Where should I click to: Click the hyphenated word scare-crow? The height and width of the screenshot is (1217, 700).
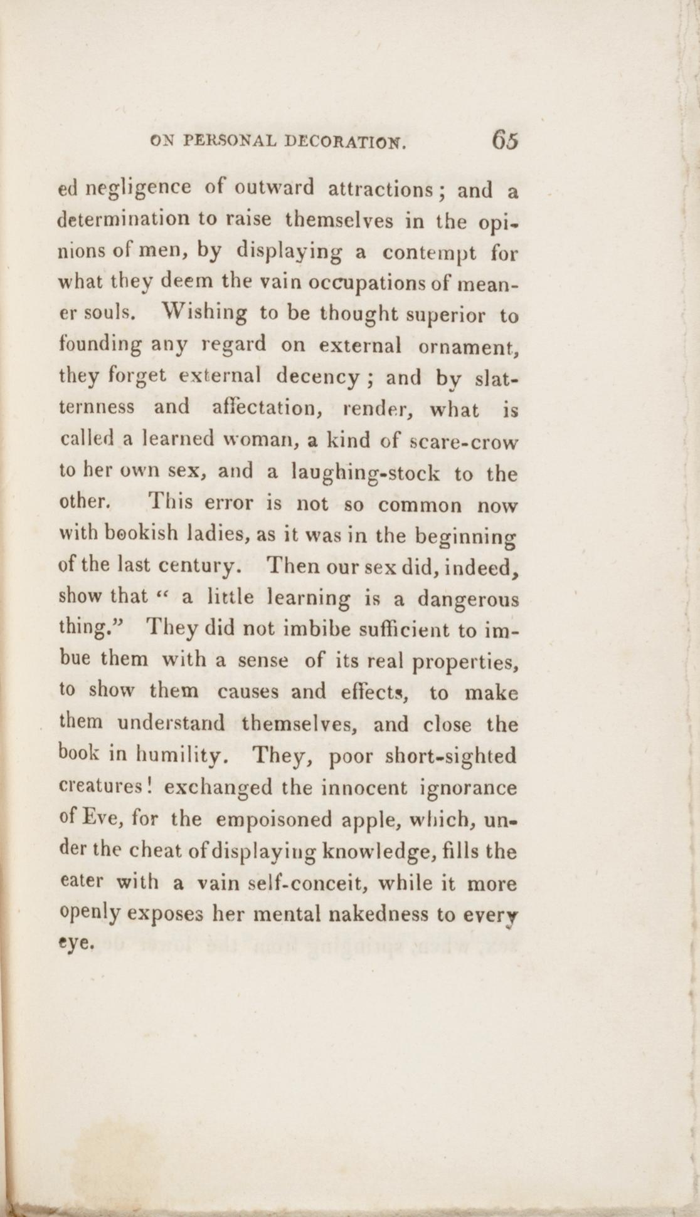[463, 440]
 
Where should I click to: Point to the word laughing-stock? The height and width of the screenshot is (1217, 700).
[366, 474]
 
